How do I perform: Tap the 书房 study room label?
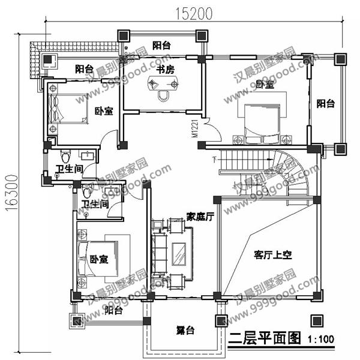165,70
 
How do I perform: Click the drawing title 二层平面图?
263,338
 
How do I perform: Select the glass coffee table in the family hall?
179,253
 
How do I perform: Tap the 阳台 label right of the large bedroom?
326,104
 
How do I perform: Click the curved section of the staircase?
298,174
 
